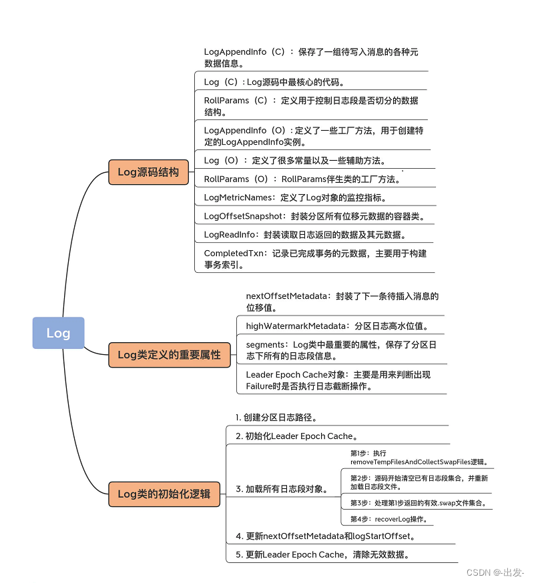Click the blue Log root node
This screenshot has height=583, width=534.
coord(58,333)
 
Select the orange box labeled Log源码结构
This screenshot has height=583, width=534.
coord(148,172)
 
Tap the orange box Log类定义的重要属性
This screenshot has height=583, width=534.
coord(169,355)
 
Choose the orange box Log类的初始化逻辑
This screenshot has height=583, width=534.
coord(164,494)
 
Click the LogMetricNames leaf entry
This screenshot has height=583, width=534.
coord(295,197)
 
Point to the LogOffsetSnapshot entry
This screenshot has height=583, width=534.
coord(314,216)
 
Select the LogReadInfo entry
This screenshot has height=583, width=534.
coord(304,235)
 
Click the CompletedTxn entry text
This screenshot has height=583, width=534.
coord(315,259)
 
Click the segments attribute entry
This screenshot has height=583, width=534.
coord(340,350)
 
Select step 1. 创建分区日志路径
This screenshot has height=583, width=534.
coord(276,418)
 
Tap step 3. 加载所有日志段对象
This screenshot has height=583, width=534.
coord(281,489)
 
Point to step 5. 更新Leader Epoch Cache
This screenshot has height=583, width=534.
coord(322,554)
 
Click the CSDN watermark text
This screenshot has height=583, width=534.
coord(495,572)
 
